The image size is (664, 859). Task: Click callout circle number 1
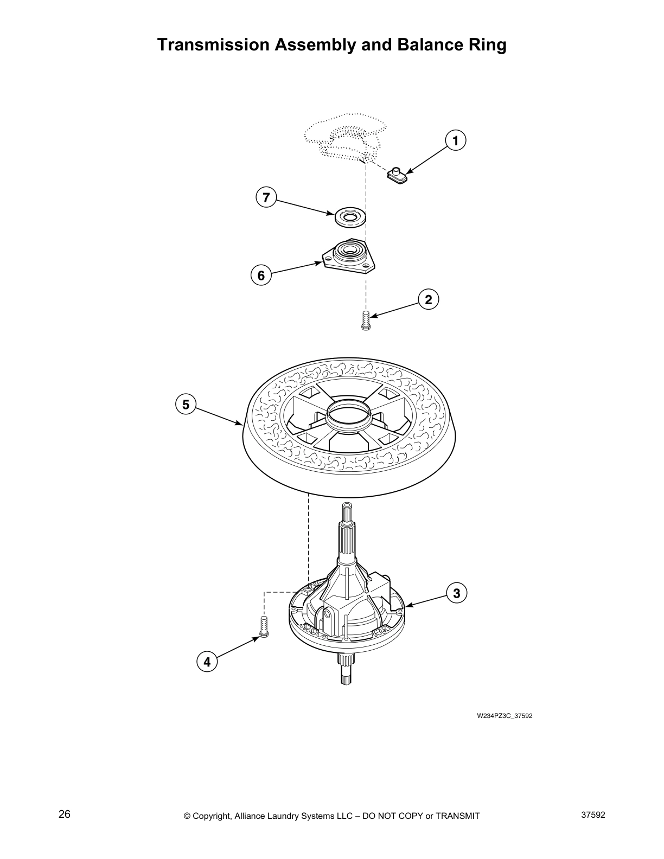[x=456, y=141]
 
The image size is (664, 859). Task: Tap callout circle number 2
[x=428, y=299]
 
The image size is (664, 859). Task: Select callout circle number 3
[x=456, y=593]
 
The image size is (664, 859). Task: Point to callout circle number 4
[x=207, y=662]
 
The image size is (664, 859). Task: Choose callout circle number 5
[x=186, y=405]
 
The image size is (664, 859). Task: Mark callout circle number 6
[x=261, y=276]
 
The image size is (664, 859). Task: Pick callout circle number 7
[x=266, y=197]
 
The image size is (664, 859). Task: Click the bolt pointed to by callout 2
[x=365, y=320]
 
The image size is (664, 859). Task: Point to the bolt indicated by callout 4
[x=265, y=627]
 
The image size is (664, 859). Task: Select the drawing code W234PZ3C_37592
[x=505, y=716]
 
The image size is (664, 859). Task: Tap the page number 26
[x=65, y=815]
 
